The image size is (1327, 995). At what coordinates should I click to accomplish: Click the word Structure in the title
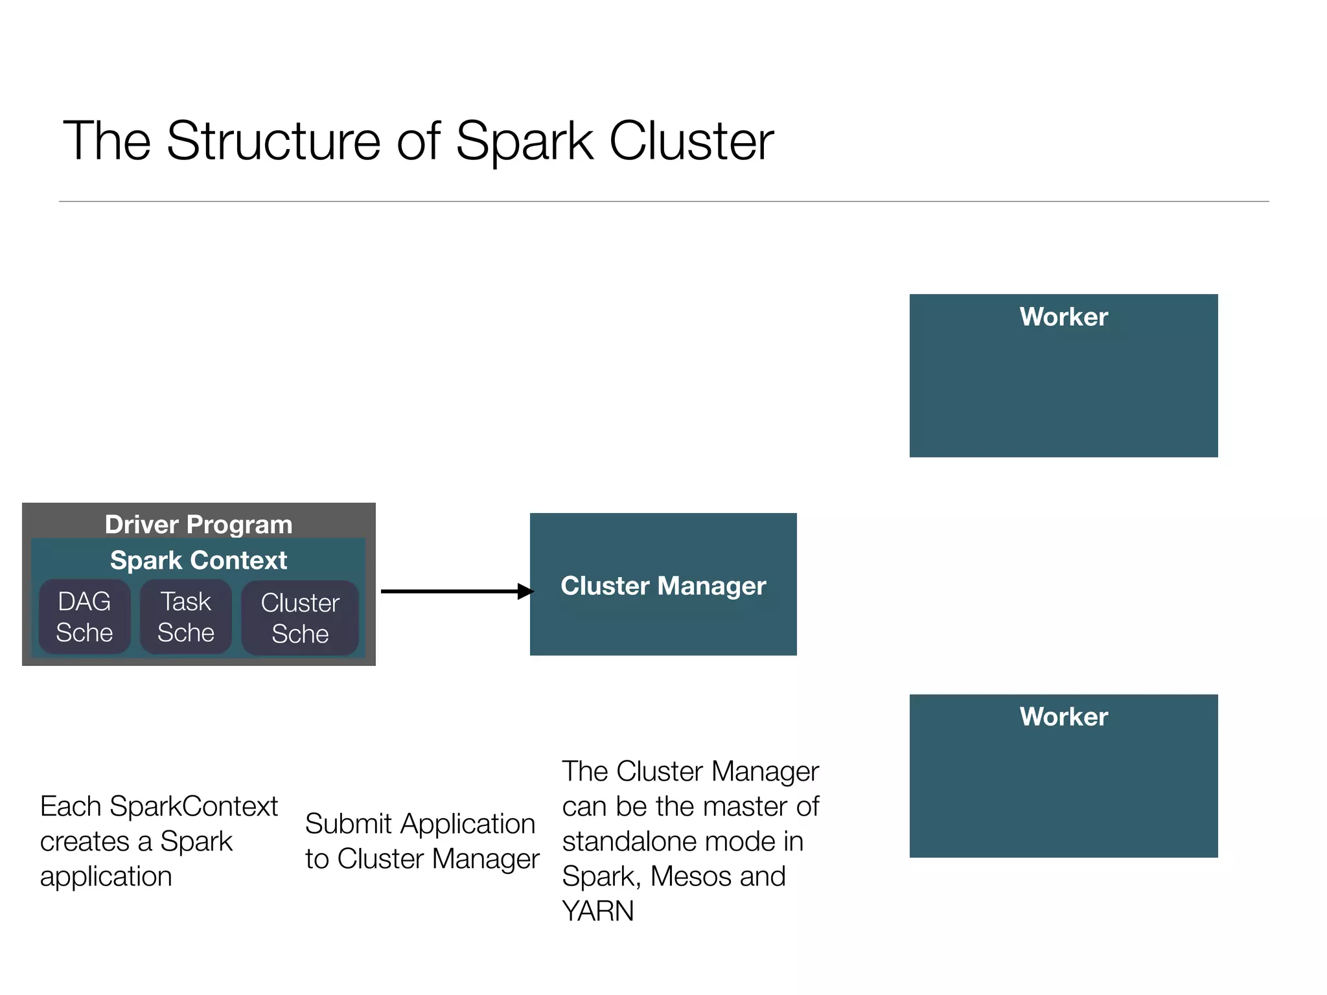[273, 141]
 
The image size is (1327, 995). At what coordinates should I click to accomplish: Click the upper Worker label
[1063, 317]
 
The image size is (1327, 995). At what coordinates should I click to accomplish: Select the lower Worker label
[1063, 716]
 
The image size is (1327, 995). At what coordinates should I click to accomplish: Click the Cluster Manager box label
[663, 586]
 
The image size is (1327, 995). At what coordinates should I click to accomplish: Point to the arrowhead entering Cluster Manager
[525, 591]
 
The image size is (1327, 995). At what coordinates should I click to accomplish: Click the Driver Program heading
[198, 524]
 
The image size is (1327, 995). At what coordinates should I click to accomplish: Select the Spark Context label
[198, 560]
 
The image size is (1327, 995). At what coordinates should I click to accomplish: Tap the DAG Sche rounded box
[84, 617]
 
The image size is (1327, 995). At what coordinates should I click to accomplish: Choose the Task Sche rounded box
[186, 617]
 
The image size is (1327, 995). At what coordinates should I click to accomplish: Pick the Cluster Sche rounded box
[300, 618]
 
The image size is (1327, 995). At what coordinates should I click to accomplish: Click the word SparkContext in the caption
[194, 806]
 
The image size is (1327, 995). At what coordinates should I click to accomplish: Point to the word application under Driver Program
[106, 876]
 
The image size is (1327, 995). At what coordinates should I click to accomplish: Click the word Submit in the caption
[349, 824]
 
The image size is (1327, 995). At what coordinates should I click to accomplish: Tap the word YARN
[598, 911]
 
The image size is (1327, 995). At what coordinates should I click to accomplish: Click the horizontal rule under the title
[663, 201]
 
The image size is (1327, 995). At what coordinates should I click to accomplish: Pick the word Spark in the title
[524, 141]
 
